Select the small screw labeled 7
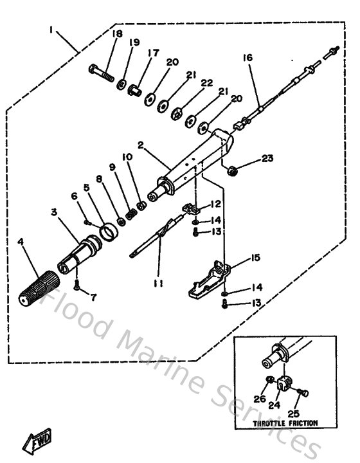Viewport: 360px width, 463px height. [x=76, y=284]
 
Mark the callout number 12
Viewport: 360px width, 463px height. [x=215, y=204]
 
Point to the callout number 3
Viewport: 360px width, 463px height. [x=55, y=212]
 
